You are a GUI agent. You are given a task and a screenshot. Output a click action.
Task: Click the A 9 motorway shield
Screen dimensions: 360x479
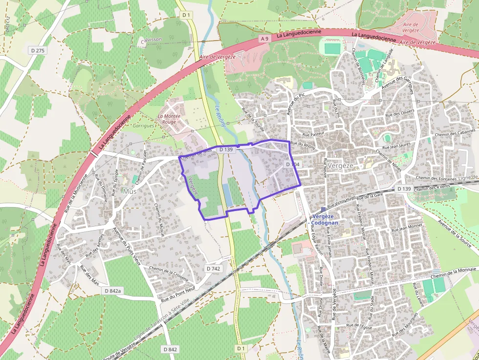pos(264,39)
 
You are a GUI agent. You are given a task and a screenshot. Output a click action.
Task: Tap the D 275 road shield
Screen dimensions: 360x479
pos(37,50)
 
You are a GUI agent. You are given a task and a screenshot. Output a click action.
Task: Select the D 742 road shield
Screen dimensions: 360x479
pos(214,269)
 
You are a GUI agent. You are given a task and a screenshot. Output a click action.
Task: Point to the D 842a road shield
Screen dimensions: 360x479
pos(112,291)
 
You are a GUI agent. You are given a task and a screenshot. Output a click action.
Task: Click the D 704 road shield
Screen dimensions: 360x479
pos(292,165)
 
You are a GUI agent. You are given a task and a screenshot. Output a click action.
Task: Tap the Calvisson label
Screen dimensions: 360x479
pos(151,40)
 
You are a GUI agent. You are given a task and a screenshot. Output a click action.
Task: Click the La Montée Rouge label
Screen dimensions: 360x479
pos(169,119)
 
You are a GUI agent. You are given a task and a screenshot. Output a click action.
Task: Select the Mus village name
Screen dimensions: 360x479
pos(130,191)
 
